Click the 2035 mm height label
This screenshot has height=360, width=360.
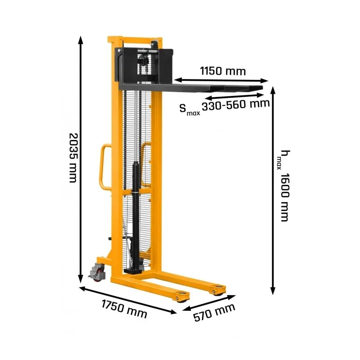pos(74,158)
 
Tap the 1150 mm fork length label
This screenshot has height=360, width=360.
pos(223,71)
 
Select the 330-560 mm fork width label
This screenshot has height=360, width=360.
pos(236,105)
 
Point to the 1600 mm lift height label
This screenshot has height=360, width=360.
pos(285,197)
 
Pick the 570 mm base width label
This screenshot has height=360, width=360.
pos(214,312)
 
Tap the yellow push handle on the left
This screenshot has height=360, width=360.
pos(105,167)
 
